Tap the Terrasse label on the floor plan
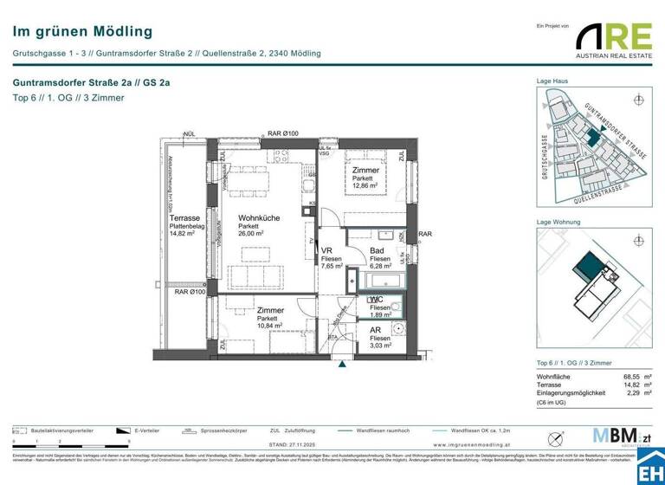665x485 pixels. click(185, 218)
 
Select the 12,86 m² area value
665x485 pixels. click(365, 186)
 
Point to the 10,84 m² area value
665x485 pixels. click(270, 326)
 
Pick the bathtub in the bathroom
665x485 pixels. click(383, 281)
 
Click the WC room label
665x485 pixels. click(377, 299)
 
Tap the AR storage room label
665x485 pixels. click(376, 330)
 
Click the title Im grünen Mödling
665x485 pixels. click(70, 31)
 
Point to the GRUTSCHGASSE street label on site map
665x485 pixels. click(545, 155)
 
